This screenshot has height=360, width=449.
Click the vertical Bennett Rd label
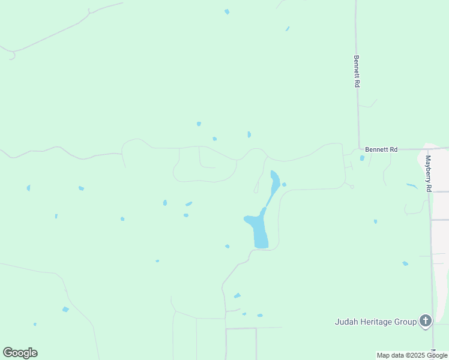click(356, 72)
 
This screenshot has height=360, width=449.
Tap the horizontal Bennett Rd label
click(381, 149)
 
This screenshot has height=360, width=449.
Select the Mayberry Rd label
click(428, 173)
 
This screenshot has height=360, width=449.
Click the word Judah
click(346, 322)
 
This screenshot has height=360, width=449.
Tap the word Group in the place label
click(405, 322)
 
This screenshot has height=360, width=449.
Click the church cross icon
click(426, 322)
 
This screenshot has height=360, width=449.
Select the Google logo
click(20, 353)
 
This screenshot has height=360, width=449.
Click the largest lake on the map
click(259, 230)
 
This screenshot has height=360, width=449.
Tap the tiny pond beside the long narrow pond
click(284, 184)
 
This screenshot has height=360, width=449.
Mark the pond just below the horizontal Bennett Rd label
click(362, 158)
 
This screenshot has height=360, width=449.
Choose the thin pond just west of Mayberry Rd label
click(412, 186)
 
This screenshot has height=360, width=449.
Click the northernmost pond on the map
click(226, 11)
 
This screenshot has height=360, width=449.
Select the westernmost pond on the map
click(28, 188)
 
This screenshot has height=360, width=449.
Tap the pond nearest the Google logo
click(35, 325)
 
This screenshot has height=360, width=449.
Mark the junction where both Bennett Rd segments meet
click(359, 149)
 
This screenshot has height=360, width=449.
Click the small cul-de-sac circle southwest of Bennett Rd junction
click(352, 187)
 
